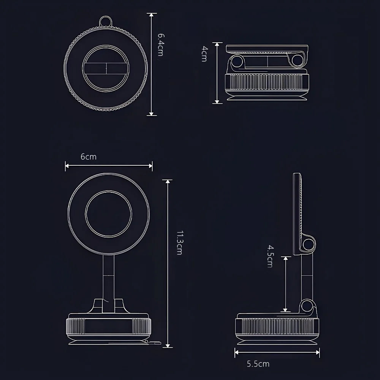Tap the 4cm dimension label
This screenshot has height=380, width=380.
pyautogui.click(x=204, y=54)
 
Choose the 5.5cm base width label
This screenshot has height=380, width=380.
pyautogui.click(x=258, y=364)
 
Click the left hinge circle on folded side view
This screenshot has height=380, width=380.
pyautogui.click(x=238, y=62)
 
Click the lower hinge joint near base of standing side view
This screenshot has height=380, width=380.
pyautogui.click(x=309, y=306)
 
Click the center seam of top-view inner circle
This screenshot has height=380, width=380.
pyautogui.click(x=106, y=68)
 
